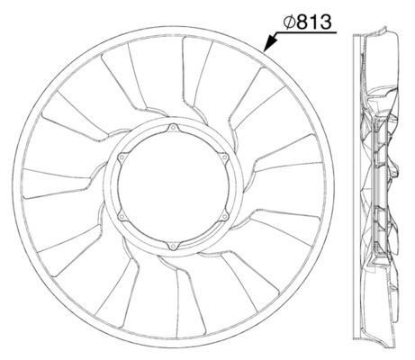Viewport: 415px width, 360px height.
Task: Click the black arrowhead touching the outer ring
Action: pos(267,44)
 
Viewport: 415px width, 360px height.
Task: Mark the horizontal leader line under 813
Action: pos(306,31)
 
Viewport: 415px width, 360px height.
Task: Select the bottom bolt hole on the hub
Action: pos(172,242)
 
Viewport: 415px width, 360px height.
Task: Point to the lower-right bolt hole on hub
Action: pos(219,215)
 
